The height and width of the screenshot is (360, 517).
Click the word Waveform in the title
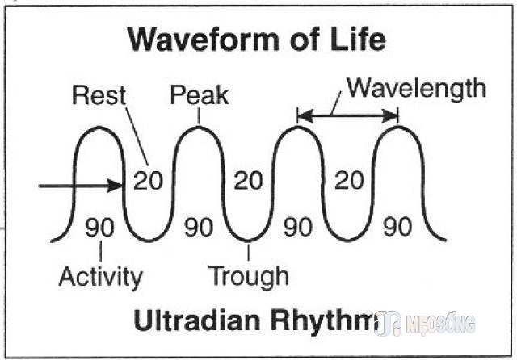point(204,40)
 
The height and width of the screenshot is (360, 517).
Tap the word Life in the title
point(358,39)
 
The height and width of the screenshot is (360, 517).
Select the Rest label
point(99,95)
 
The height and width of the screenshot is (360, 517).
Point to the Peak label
point(200,95)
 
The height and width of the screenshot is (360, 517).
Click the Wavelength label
point(417,90)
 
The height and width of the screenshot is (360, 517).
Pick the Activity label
point(100,278)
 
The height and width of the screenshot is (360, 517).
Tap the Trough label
point(249,277)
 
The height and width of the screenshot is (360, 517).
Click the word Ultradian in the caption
point(197,320)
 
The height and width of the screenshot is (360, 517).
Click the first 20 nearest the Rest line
point(148,181)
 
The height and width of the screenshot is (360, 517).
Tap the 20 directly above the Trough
point(248,181)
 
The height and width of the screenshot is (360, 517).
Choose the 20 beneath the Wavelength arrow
point(349,181)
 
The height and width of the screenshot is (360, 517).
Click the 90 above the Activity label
point(99,228)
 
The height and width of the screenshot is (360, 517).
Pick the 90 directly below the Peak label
point(199,228)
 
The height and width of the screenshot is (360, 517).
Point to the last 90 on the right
point(397,227)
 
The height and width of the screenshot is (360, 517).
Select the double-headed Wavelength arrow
point(348,115)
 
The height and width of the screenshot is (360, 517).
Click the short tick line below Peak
point(199,116)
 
